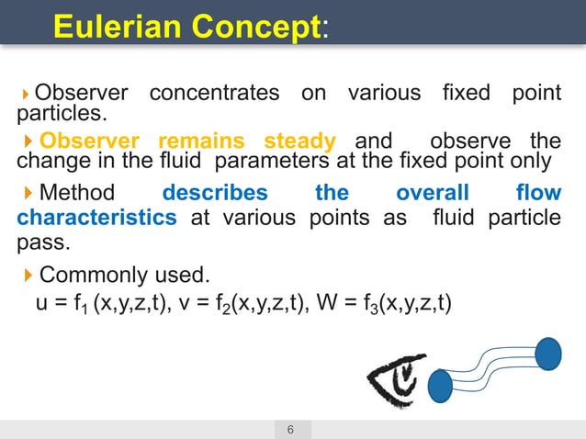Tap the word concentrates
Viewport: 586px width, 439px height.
pyautogui.click(x=214, y=93)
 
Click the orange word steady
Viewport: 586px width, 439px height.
pyautogui.click(x=299, y=141)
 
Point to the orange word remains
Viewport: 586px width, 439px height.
pyautogui.click(x=201, y=141)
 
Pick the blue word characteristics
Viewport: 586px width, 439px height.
pyautogui.click(x=96, y=219)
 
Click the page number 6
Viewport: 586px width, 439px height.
pyautogui.click(x=291, y=430)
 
